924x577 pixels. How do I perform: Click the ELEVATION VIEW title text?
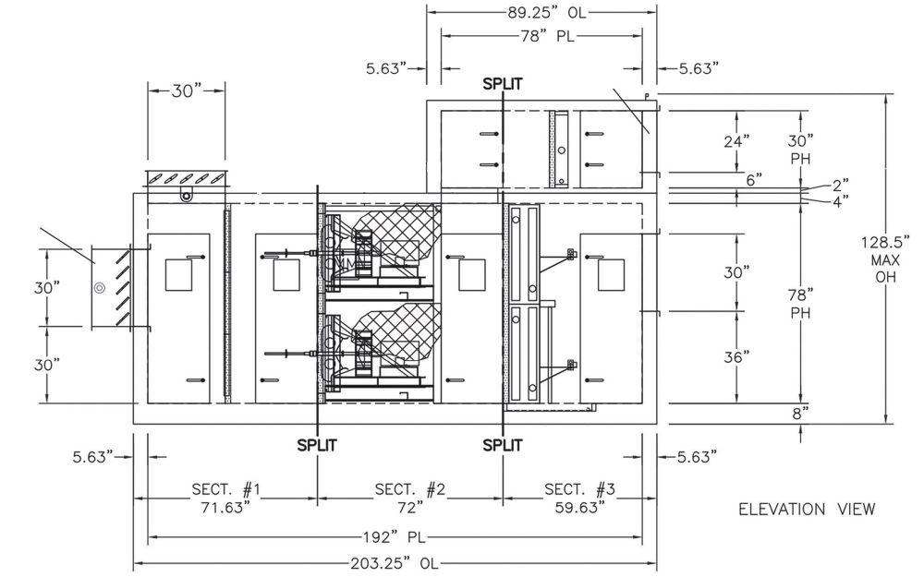pos(807,510)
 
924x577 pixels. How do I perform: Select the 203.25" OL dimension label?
pos(395,563)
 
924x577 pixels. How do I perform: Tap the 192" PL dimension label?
pos(395,537)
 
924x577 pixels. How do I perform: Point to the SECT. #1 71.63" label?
pos(225,499)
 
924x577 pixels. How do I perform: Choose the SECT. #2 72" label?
pos(410,499)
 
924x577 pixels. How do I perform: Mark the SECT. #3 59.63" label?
pos(580,499)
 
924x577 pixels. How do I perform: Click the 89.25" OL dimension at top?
pos(547,11)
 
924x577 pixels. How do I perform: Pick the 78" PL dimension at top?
pos(546,36)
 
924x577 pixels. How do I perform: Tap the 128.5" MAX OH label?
pos(885,259)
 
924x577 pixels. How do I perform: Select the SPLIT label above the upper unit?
pos(502,84)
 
